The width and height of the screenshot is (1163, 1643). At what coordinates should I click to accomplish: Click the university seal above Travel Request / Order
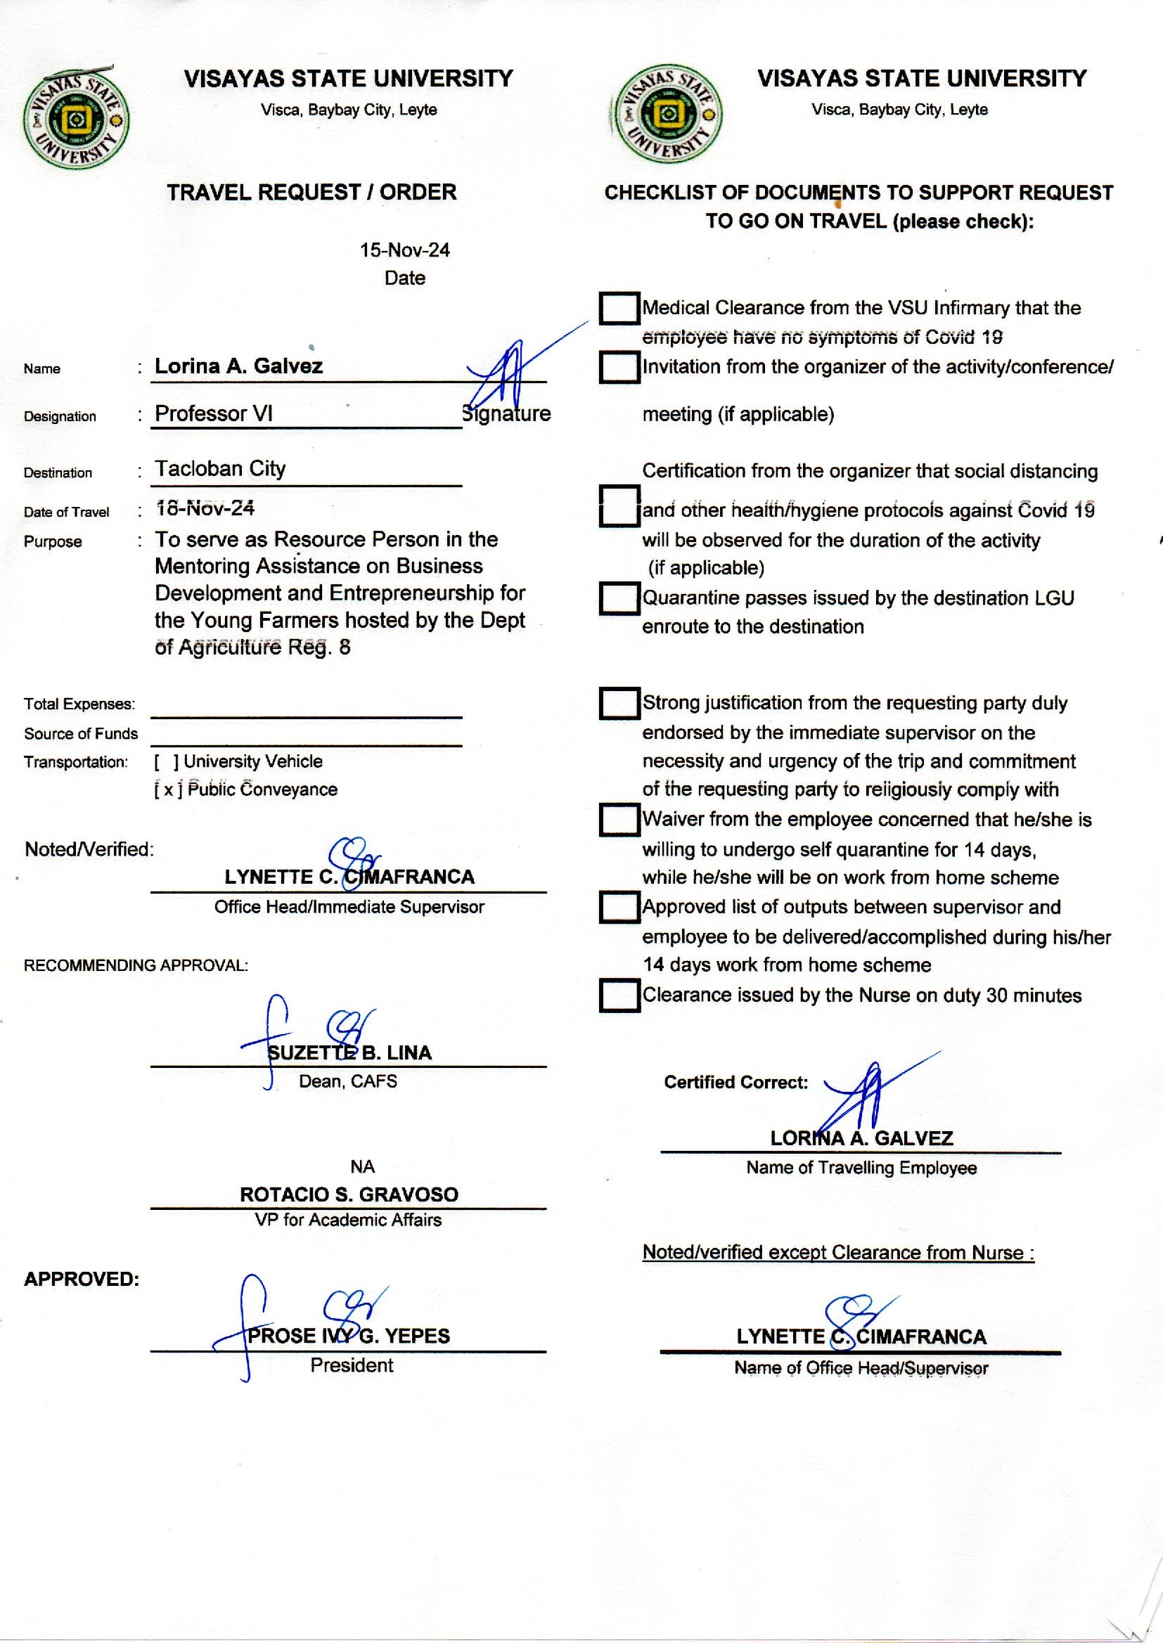[76, 119]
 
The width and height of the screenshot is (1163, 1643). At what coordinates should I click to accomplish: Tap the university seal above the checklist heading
[667, 115]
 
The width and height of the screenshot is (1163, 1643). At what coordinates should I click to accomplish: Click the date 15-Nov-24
[404, 250]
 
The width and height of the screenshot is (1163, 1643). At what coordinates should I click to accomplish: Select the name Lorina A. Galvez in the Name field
[238, 366]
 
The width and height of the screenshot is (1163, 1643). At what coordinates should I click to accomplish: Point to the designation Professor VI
[214, 413]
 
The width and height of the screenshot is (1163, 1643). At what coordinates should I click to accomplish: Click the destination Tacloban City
[220, 468]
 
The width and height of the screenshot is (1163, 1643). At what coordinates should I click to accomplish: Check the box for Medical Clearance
[619, 308]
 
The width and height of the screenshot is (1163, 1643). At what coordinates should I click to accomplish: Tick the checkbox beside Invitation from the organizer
[619, 366]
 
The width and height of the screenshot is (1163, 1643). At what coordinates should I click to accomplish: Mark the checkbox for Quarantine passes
[619, 598]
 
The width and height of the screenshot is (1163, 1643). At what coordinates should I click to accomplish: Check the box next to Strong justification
[619, 703]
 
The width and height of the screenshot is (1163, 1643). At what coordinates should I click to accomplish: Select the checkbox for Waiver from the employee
[619, 820]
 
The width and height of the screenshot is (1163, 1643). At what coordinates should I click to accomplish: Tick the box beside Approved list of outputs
[619, 907]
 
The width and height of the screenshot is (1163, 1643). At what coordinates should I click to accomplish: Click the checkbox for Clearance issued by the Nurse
[619, 995]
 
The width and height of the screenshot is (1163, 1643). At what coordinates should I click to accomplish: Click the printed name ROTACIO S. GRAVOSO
[349, 1194]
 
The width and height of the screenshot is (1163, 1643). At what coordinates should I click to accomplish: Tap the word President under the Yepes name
[352, 1365]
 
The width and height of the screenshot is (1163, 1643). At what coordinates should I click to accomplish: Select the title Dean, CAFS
[348, 1081]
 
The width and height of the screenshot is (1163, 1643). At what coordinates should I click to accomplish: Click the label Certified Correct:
[735, 1082]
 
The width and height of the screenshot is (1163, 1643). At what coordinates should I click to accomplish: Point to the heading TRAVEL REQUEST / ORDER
[311, 192]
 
